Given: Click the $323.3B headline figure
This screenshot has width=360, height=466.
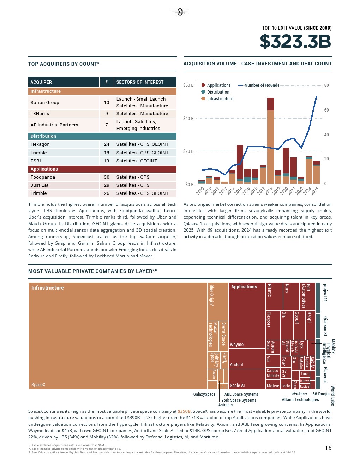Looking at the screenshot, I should tap(295, 42).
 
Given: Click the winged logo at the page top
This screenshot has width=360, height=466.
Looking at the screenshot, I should tap(180, 12).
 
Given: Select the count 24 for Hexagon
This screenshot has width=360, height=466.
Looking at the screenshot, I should tap(107, 144).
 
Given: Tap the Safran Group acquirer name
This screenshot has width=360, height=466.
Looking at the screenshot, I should tap(45, 103).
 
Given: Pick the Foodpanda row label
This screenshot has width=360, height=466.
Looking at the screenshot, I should tap(43, 177).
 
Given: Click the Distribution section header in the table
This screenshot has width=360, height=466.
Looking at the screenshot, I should tap(43, 136).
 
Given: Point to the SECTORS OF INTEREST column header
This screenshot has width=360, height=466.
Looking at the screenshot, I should tap(140, 82).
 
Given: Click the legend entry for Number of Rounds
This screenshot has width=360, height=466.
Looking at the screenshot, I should tap(262, 85).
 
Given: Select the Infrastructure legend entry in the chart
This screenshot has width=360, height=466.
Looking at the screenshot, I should tap(220, 99).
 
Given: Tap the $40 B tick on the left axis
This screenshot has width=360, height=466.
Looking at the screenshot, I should tap(188, 119).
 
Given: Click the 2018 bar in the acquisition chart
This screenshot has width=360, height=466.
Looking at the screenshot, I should tap(270, 141).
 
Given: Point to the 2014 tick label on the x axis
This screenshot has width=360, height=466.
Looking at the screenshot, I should tap(238, 191).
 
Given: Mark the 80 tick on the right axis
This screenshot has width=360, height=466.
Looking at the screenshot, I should tap(326, 85).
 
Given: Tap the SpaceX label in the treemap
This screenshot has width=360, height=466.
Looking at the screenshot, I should tap(38, 385).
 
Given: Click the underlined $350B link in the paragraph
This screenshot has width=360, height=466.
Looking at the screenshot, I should tap(184, 411).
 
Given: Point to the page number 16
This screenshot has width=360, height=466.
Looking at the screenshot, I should tap(328, 448).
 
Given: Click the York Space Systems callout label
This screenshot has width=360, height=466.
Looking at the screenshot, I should tap(239, 400).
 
